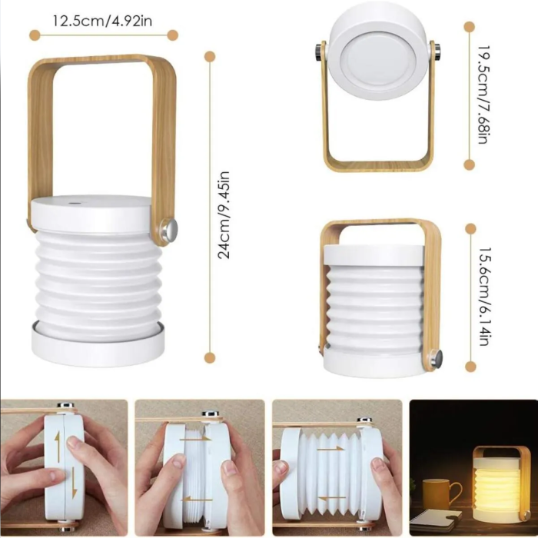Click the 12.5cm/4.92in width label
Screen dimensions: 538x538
[102, 21]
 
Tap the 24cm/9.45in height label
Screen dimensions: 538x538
[224, 214]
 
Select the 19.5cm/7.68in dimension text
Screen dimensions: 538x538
[486, 95]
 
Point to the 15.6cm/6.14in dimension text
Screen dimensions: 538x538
[486, 296]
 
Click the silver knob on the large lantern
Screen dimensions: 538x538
[170, 229]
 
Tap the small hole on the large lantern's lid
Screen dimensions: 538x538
[73, 203]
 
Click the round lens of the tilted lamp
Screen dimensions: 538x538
[379, 59]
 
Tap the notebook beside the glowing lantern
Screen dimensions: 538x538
[436, 520]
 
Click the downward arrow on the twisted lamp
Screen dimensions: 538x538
[74, 483]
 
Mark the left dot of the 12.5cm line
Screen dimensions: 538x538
[35, 35]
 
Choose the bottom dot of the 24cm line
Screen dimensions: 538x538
[210, 357]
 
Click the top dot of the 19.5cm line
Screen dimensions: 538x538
[470, 27]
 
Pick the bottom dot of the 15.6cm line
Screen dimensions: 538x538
[470, 367]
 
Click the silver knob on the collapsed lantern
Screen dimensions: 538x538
[437, 358]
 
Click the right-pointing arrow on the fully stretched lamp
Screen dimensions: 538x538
[330, 448]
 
